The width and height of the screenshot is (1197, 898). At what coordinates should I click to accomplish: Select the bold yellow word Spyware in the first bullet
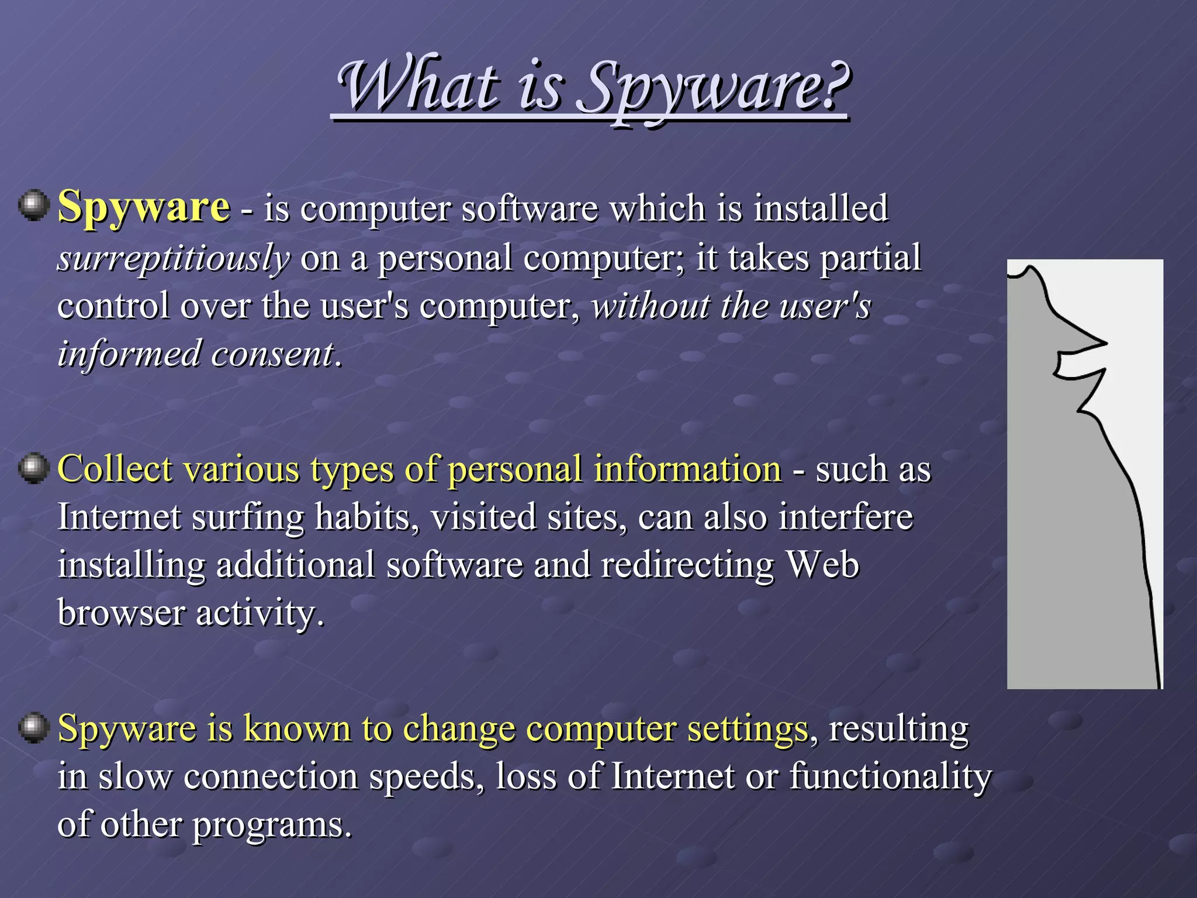coord(144,207)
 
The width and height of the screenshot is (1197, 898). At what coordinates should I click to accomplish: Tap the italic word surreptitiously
coord(173,258)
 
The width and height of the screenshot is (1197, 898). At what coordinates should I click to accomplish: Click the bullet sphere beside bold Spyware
coord(33,205)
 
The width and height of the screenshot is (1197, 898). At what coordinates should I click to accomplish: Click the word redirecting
coord(687,565)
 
